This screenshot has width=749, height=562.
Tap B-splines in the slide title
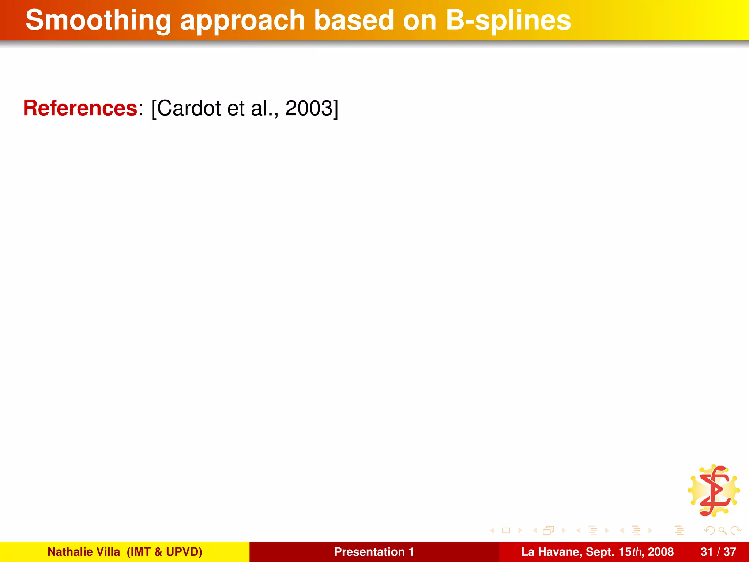pos(508,21)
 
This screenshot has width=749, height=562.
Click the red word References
pos(80,108)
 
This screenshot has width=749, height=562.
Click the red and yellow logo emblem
pos(714,491)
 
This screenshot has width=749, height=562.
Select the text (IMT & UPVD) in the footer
pos(164,552)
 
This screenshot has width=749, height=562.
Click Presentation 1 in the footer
pos(374,552)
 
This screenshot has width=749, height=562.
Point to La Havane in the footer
pos(550,552)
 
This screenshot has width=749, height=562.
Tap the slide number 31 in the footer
pos(707,552)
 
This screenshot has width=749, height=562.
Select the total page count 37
pos(730,552)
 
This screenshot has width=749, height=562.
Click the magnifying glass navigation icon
pos(722,530)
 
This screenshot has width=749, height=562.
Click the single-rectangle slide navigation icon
pos(506,531)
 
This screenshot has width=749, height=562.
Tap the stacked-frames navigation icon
pos(549,531)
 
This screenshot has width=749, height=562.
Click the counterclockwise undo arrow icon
pos(710,530)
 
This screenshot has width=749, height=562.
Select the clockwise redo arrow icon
pos(735,530)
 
